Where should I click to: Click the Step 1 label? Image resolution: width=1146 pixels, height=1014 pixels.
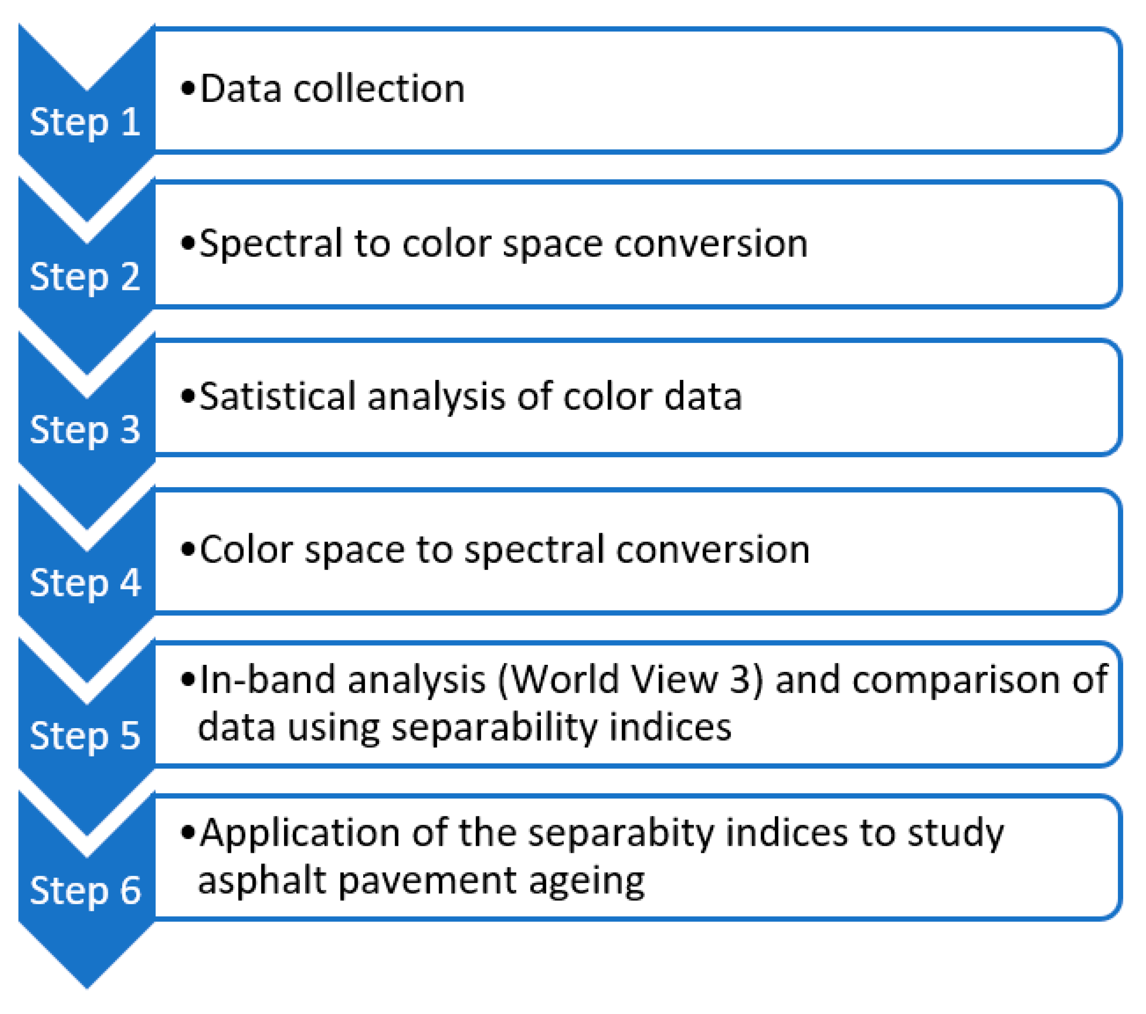coord(84,122)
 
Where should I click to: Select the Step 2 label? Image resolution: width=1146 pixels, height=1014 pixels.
coord(84,277)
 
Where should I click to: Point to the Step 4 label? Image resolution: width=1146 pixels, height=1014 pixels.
coord(84,583)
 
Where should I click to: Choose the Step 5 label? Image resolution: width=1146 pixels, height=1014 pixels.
coord(84,736)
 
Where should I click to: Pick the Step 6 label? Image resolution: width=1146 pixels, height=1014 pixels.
coord(84,890)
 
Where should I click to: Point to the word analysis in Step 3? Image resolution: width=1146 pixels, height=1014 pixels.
coord(436,397)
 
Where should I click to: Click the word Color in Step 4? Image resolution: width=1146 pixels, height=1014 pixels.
coord(246,549)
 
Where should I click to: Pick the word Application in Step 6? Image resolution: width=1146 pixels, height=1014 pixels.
coord(299,834)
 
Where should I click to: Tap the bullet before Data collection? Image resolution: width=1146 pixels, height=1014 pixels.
coord(188,89)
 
